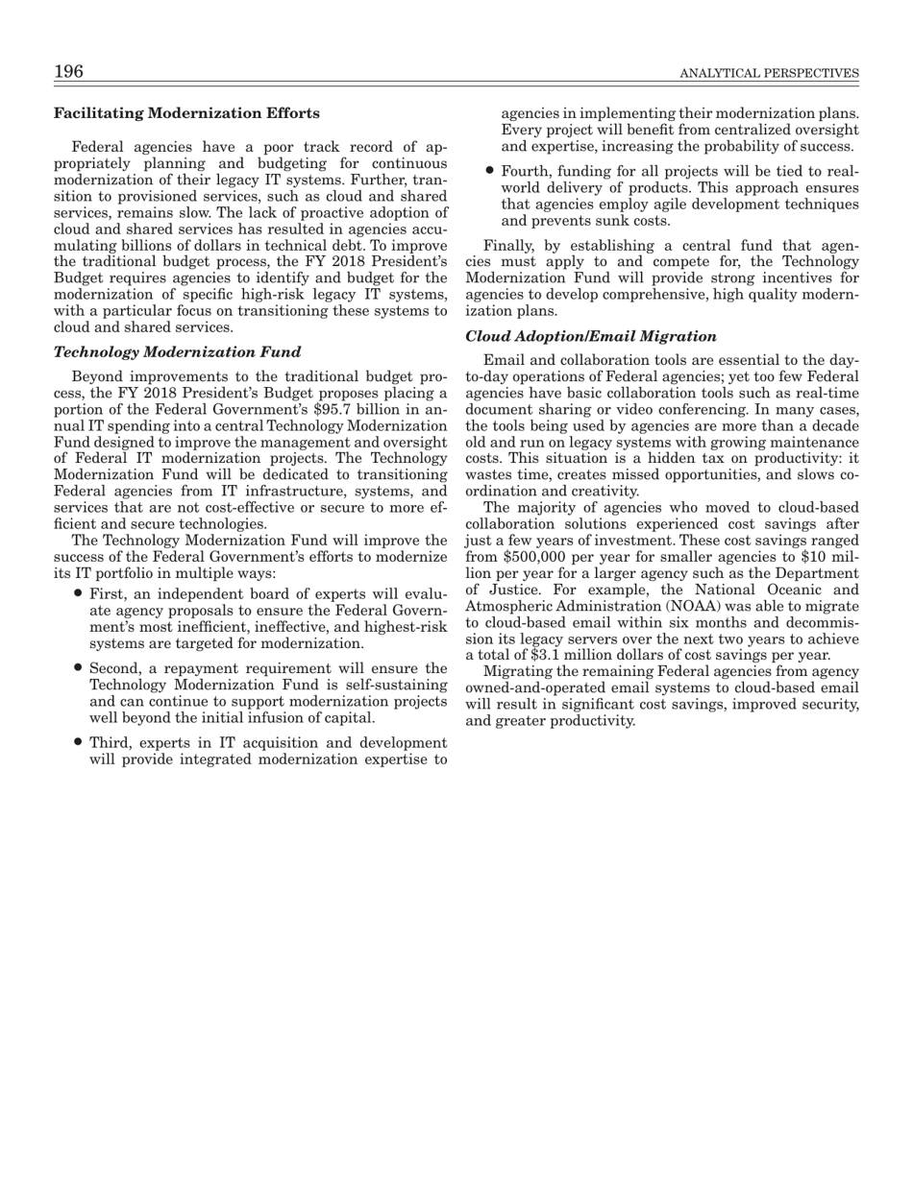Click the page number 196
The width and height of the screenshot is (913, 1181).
point(68,72)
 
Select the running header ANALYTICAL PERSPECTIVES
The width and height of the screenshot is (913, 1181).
point(769,74)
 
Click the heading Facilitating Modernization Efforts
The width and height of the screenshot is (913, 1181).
point(186,113)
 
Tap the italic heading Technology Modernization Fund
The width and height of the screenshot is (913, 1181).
point(177,352)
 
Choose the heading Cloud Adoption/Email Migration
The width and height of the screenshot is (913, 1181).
point(591,336)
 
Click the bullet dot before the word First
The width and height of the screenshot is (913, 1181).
point(77,594)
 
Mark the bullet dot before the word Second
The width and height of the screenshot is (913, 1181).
point(77,668)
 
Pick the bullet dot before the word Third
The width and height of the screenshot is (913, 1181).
point(77,742)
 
